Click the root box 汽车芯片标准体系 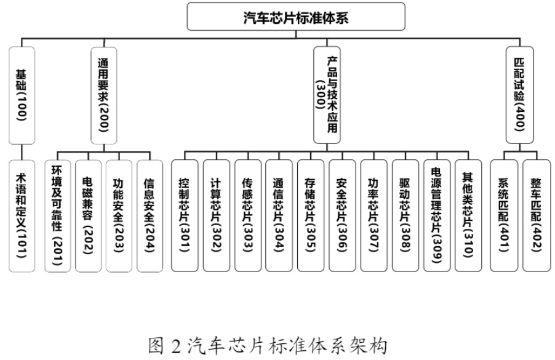tap(296, 17)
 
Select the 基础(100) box tap(22, 95)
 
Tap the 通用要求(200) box tap(103, 95)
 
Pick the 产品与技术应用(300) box tap(326, 95)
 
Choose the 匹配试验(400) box tap(518, 95)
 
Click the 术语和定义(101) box tap(22, 215)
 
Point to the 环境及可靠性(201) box tap(58, 215)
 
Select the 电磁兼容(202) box tap(88, 215)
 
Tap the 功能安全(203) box tap(119, 215)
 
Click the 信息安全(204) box tap(150, 215)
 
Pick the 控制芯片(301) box tap(185, 215)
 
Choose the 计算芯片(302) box tap(216, 215)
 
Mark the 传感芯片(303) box tap(247, 215)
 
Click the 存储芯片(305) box tap(311, 215)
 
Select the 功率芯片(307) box tap(373, 215)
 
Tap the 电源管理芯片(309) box tap(436, 215)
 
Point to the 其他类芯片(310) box tap(467, 215)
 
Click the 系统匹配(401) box tap(504, 215)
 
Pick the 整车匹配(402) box tap(535, 215)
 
